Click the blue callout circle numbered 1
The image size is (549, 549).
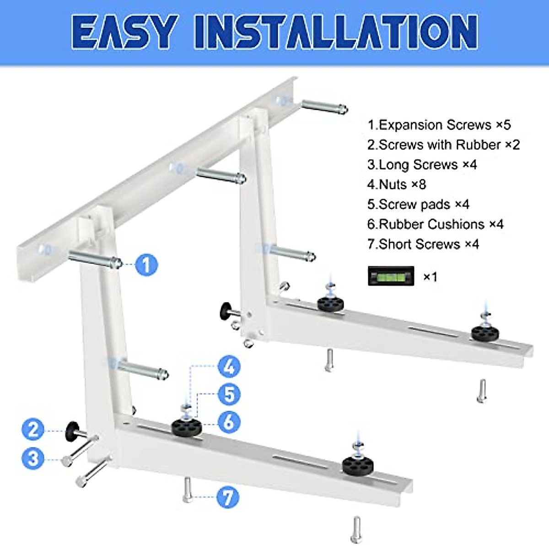(146, 265)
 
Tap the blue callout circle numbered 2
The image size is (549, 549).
(33, 430)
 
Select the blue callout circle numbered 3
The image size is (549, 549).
(33, 458)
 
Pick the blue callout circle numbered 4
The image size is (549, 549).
(229, 367)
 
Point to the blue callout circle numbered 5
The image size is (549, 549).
(229, 394)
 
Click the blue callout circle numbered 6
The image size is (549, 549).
(229, 422)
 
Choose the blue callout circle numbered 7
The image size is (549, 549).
(228, 497)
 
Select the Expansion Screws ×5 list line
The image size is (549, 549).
(439, 125)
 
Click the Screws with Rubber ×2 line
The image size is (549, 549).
(443, 145)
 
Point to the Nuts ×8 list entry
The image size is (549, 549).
(396, 184)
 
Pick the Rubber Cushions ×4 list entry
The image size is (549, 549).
(435, 224)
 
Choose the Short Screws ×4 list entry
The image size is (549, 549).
(423, 244)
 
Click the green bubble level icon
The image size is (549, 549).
(391, 276)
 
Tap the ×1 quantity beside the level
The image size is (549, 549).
(430, 277)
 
